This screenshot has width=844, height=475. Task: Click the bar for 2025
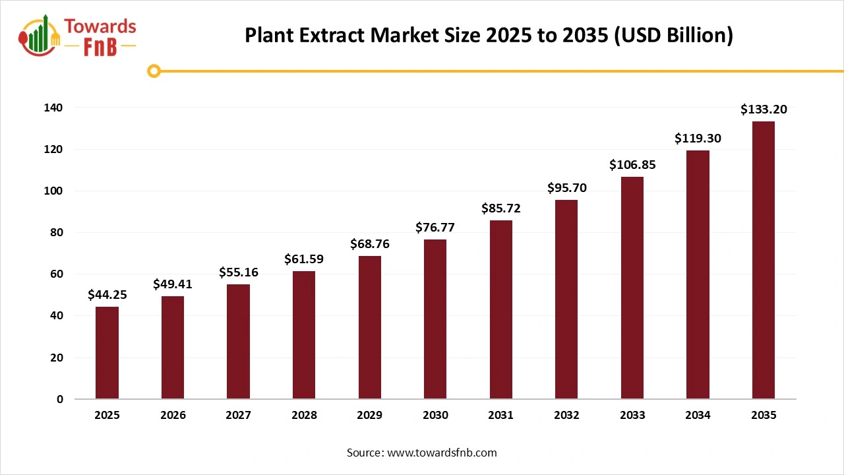tap(107, 352)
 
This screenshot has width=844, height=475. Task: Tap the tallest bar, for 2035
tap(764, 260)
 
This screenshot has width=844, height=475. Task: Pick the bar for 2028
tap(304, 334)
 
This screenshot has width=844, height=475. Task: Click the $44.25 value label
tap(107, 295)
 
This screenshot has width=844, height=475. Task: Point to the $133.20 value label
tap(764, 110)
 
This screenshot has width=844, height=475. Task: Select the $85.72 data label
tap(501, 208)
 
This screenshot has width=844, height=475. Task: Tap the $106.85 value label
tap(632, 165)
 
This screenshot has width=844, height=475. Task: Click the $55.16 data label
tap(238, 272)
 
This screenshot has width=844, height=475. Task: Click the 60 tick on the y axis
tap(57, 274)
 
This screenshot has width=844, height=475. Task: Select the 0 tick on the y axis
tap(60, 399)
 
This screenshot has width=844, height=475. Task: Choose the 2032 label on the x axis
tap(566, 416)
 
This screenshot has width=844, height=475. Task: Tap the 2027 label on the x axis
tap(238, 416)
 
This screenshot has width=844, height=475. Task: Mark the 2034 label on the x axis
tap(698, 416)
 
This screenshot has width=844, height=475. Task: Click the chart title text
tap(489, 36)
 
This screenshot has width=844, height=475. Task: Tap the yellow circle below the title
tap(154, 71)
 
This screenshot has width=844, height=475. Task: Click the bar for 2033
tap(632, 288)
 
